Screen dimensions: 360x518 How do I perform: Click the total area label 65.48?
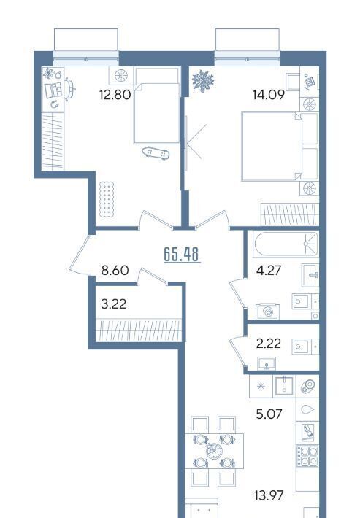tap(182, 255)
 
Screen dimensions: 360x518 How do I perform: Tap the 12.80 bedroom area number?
tap(115, 95)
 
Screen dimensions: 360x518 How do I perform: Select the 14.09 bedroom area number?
tap(269, 95)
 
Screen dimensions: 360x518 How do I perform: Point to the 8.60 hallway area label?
tap(115, 271)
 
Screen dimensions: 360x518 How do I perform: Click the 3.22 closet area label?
tap(114, 304)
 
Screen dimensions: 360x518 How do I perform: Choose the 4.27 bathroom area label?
tap(269, 271)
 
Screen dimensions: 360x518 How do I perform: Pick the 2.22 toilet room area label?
tap(269, 344)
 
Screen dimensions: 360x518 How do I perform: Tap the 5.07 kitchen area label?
tap(269, 414)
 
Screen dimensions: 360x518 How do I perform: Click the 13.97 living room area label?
tap(269, 495)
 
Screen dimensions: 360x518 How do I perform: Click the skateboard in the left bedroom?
tap(156, 153)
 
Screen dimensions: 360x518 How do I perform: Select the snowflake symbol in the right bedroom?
tap(203, 81)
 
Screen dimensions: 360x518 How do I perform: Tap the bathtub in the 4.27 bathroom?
tap(286, 244)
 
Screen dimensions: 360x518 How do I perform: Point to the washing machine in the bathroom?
tap(268, 312)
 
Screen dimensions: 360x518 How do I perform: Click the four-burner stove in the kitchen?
tap(307, 456)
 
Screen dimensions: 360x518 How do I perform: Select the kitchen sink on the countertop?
tap(284, 385)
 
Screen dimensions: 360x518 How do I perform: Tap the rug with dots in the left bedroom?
tap(107, 199)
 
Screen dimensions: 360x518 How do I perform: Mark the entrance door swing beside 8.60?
tap(80, 255)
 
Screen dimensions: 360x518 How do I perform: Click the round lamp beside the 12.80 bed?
tap(121, 76)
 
